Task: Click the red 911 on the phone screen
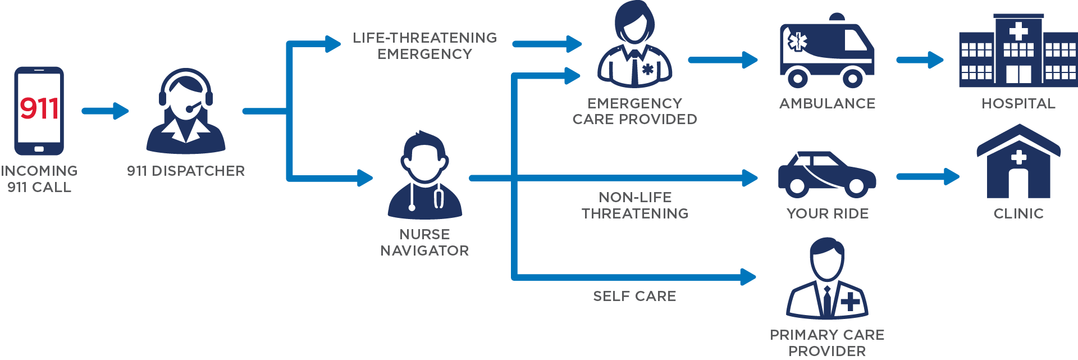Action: pyautogui.click(x=39, y=108)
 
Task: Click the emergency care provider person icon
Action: pyautogui.click(x=635, y=45)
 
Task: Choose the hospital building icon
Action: pyautogui.click(x=1018, y=51)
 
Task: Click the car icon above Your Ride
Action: pyautogui.click(x=826, y=175)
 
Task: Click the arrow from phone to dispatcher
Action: pyautogui.click(x=106, y=111)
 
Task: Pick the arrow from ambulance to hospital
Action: pyautogui.click(x=920, y=60)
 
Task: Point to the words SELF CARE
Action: pyautogui.click(x=634, y=296)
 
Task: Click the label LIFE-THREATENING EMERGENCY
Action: pyautogui.click(x=425, y=45)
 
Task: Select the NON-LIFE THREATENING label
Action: pyautogui.click(x=635, y=205)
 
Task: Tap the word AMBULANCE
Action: pyautogui.click(x=827, y=103)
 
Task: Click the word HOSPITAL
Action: pyautogui.click(x=1018, y=103)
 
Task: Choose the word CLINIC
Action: pyautogui.click(x=1018, y=213)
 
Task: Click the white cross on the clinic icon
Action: pyautogui.click(x=1018, y=158)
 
